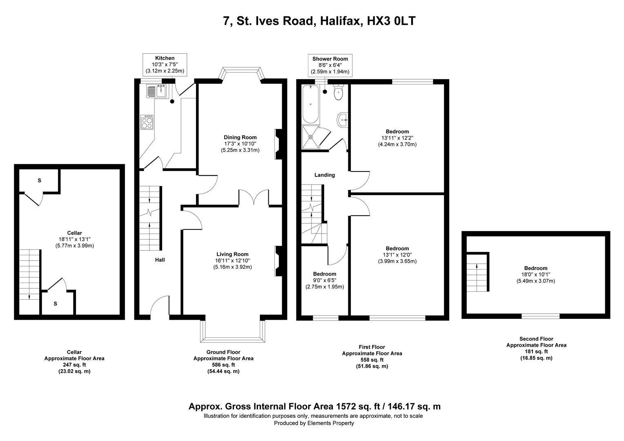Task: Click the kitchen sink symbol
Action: click(x=156, y=91)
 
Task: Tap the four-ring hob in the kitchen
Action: click(x=147, y=122)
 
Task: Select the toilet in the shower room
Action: click(x=338, y=93)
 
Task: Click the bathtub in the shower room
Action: click(x=311, y=105)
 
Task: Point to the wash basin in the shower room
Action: click(x=342, y=120)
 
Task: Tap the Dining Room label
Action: click(x=240, y=137)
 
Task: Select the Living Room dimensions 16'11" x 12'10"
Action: click(x=232, y=261)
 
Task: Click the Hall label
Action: click(x=160, y=260)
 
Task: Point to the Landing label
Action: click(x=324, y=175)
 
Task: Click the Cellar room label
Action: click(x=74, y=233)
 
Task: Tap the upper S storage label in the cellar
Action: click(x=40, y=180)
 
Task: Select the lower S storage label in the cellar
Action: click(x=55, y=303)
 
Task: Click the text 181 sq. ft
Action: click(x=536, y=352)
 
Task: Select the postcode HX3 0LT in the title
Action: click(x=392, y=21)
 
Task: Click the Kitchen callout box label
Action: click(x=165, y=58)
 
